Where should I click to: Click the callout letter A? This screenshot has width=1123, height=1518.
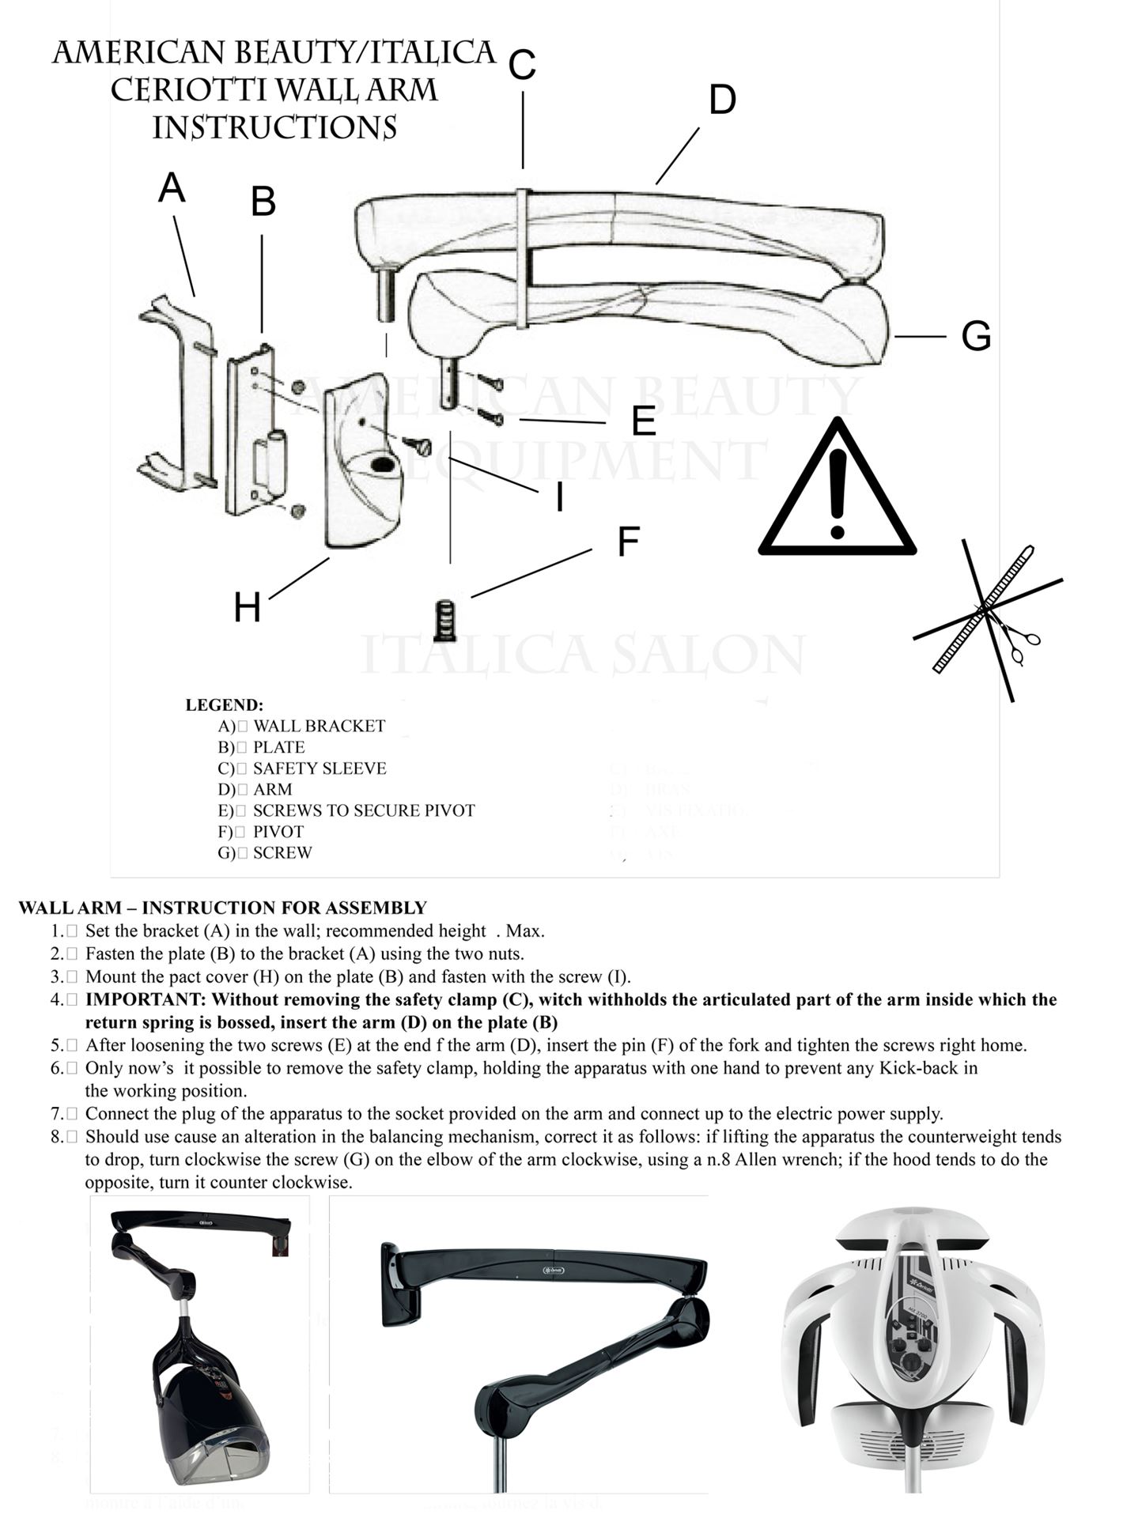tap(172, 188)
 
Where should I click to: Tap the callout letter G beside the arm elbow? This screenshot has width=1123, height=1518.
tap(976, 336)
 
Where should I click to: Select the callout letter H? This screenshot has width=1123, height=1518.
tap(247, 607)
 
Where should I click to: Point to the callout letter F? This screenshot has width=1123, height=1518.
tap(628, 542)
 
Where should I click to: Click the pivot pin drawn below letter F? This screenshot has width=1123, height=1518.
tap(445, 621)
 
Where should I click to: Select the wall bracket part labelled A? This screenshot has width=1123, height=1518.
tap(180, 395)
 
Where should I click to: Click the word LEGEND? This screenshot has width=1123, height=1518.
tap(224, 704)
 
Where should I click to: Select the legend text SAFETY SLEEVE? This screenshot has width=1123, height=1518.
tap(320, 768)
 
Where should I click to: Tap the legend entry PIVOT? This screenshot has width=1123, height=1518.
tap(278, 831)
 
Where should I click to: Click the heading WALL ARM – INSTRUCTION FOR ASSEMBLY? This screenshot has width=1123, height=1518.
tap(222, 908)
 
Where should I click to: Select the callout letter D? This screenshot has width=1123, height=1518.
tap(721, 100)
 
